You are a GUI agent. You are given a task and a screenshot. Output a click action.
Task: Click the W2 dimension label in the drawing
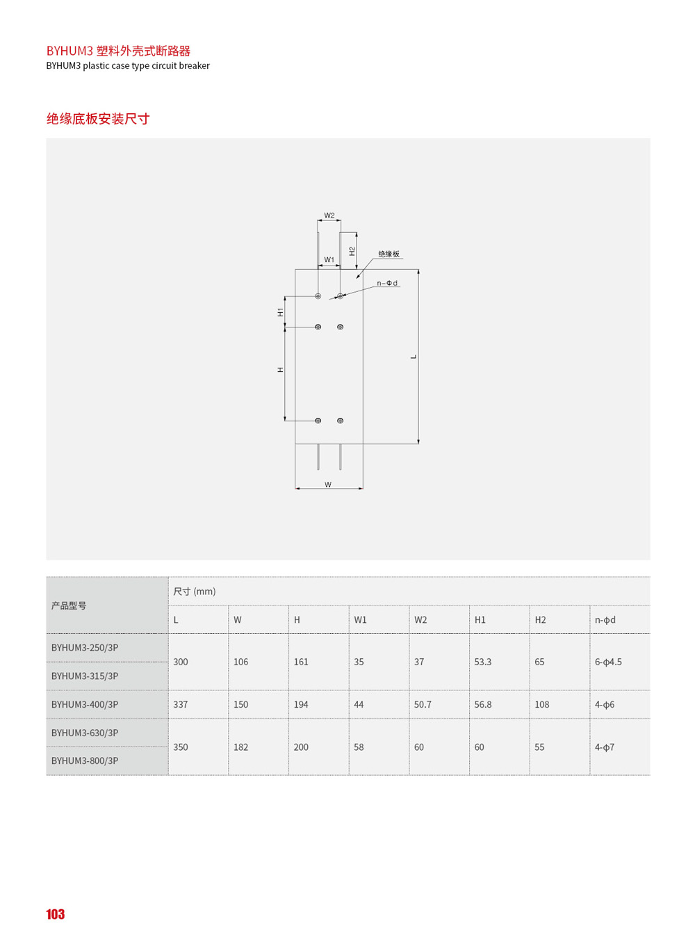329,215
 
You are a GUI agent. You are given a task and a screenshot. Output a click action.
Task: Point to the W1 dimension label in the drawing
329,259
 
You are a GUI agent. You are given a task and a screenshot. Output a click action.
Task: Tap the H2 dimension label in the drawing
352,251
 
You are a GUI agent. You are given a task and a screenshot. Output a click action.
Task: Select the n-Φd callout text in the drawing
387,283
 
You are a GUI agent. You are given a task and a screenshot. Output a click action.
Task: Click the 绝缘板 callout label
389,254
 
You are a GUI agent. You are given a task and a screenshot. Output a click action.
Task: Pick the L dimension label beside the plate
414,357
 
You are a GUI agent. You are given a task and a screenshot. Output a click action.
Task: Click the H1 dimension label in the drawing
280,312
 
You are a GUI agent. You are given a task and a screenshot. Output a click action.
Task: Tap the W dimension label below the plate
328,485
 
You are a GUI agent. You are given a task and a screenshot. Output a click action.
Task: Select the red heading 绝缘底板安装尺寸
98,119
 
